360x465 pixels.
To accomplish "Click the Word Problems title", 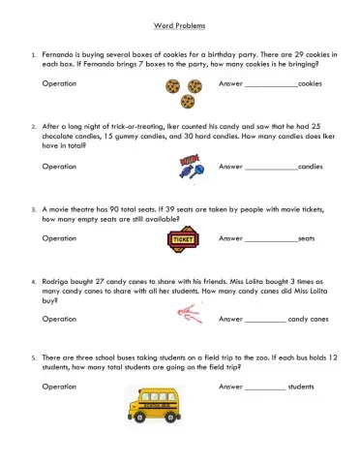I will pos(179,26).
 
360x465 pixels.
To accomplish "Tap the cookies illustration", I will pos(184,91).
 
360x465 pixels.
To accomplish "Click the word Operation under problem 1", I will pos(60,84).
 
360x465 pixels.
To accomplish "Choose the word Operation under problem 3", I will pos(60,238).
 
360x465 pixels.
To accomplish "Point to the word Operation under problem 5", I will pos(60,387).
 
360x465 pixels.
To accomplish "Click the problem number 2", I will pos(34,126).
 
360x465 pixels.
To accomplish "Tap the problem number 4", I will pos(34,281).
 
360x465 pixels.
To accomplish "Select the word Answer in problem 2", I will pos(230,167).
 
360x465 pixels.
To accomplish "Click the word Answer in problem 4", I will pos(230,319).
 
